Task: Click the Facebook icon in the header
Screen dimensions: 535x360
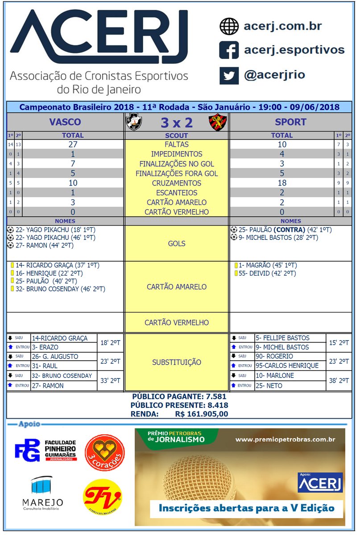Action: coord(229,50)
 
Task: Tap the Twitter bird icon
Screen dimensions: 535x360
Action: coord(229,74)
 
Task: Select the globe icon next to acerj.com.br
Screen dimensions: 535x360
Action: coord(229,26)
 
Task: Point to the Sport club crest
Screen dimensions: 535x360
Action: coord(218,122)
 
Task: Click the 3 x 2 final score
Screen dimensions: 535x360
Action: coord(176,122)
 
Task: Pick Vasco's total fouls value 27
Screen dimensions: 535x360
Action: coord(73,144)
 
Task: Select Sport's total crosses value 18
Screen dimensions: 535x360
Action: coord(282,183)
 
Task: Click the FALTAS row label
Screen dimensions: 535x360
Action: coord(177,144)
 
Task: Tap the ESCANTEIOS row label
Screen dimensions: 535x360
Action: coord(177,193)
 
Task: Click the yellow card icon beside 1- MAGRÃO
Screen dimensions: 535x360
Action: coord(236,265)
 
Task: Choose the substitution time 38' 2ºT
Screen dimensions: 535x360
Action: coord(338,380)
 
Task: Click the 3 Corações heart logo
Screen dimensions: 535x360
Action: coord(105,453)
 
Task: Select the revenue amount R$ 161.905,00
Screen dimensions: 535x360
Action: coord(202,414)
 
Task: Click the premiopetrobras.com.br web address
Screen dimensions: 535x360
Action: coord(285,440)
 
